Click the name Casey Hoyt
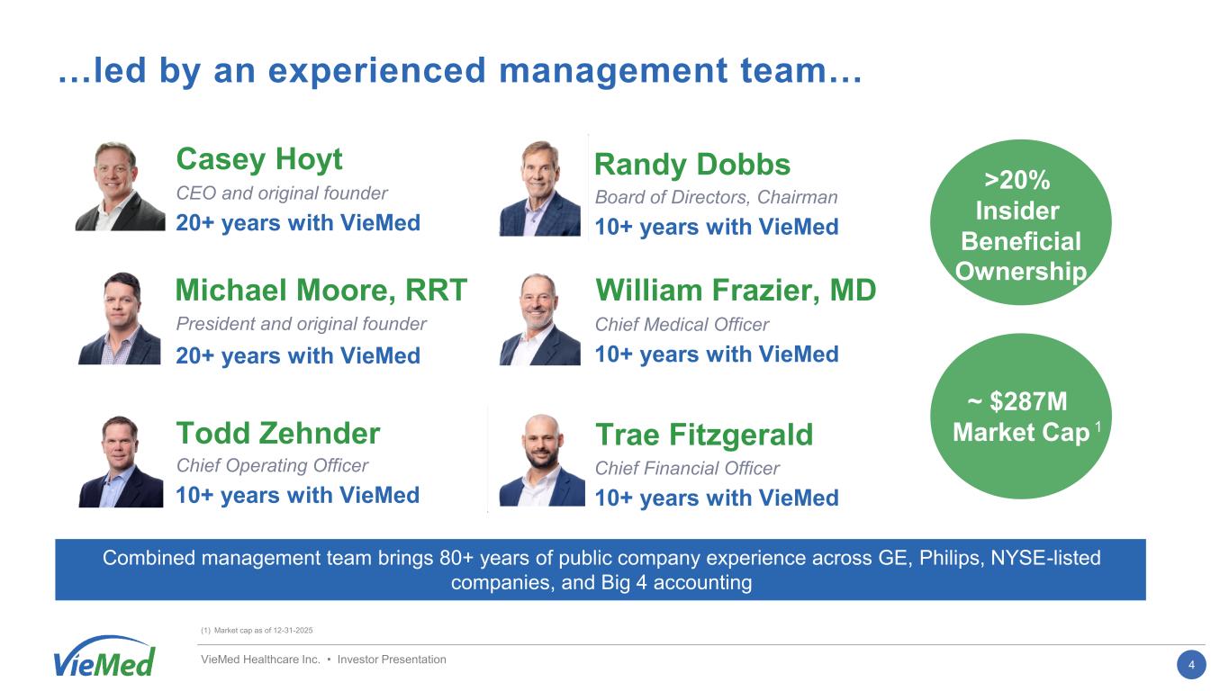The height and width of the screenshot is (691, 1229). pyautogui.click(x=259, y=159)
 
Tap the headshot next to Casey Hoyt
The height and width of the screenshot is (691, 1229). pyautogui.click(x=120, y=186)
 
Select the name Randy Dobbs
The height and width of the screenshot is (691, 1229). pyautogui.click(x=692, y=164)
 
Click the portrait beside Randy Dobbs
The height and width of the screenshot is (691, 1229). pyautogui.click(x=540, y=188)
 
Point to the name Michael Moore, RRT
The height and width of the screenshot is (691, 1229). pyautogui.click(x=321, y=290)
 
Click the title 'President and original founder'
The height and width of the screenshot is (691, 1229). pyautogui.click(x=302, y=324)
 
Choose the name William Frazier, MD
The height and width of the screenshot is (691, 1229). pyautogui.click(x=736, y=290)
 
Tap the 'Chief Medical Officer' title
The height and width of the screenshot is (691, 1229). pyautogui.click(x=682, y=325)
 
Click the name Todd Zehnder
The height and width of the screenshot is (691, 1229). pyautogui.click(x=278, y=434)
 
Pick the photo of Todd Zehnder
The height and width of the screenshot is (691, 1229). pyautogui.click(x=121, y=462)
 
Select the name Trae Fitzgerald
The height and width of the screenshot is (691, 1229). pyautogui.click(x=704, y=435)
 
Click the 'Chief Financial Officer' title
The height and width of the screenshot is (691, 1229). pyautogui.click(x=687, y=469)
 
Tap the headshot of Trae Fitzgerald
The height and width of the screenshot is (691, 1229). pyautogui.click(x=542, y=460)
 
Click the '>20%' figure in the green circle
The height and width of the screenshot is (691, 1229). pyautogui.click(x=1017, y=181)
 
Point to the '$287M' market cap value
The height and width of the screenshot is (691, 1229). pyautogui.click(x=1028, y=401)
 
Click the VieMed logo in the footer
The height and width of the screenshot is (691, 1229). pyautogui.click(x=104, y=657)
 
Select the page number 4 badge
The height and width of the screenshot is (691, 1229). pyautogui.click(x=1191, y=665)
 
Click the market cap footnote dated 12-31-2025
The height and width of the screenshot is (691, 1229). pyautogui.click(x=257, y=631)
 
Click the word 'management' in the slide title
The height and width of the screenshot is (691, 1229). pyautogui.click(x=613, y=72)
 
